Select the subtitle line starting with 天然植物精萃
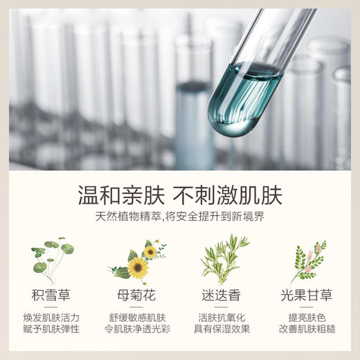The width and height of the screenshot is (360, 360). click(179, 216)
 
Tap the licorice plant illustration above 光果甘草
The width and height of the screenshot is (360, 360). click(307, 262)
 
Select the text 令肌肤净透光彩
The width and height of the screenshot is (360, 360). click(137, 329)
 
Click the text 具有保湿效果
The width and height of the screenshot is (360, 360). click(223, 329)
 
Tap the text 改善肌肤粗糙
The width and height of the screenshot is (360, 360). click(308, 329)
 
